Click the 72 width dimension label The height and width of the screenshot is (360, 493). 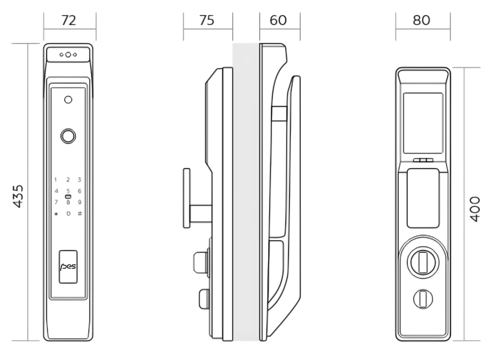[69, 20]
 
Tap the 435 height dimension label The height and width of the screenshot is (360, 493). [18, 196]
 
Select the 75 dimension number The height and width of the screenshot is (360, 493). [207, 20]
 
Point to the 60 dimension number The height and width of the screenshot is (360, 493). [279, 20]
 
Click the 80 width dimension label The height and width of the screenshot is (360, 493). [422, 20]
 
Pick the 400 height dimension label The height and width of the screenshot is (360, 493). [474, 209]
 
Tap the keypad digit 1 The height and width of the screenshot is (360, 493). [56, 180]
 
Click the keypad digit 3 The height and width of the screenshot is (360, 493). [79, 180]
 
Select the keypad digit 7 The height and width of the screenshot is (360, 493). [56, 202]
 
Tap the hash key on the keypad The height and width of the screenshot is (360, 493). [79, 214]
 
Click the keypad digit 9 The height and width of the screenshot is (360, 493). [79, 202]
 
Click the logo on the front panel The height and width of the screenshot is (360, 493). [68, 267]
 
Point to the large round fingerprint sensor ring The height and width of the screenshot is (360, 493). [68, 136]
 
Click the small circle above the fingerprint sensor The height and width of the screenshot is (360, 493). [68, 100]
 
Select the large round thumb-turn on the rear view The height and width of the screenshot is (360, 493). [423, 262]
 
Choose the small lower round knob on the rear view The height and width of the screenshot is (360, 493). [423, 298]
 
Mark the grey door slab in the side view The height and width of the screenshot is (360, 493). [246, 192]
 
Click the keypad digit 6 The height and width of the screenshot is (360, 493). [79, 191]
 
